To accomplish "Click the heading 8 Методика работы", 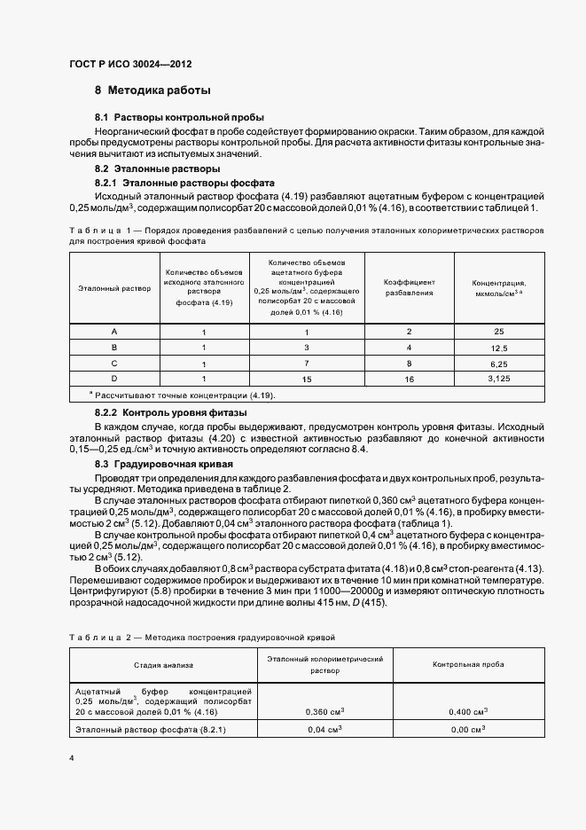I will point(152,91).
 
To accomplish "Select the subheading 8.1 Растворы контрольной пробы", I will point(179,117).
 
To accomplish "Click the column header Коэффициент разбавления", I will point(409,286).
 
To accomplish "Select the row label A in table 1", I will point(114,332).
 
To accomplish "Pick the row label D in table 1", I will point(114,379).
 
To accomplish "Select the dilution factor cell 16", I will point(409,379).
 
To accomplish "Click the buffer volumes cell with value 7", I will point(306,364).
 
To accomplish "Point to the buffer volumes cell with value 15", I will point(306,379).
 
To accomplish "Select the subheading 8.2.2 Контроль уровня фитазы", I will point(170,412).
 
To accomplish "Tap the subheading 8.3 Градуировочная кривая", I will point(164,464).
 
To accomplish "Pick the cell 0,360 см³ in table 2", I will point(324,711).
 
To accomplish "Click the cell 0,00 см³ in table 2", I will point(467,730).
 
